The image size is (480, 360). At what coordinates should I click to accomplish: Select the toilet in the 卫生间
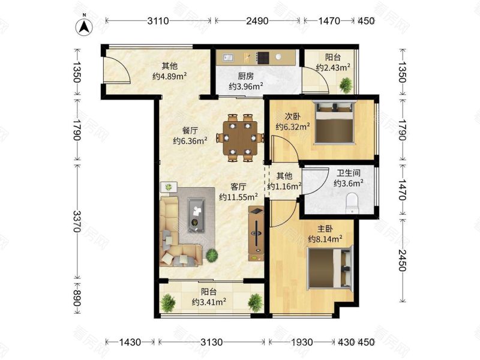[352, 203]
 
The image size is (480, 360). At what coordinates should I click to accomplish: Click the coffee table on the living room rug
[196, 215]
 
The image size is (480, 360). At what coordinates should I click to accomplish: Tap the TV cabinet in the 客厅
[256, 233]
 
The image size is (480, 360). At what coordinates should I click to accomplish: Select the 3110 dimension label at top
[158, 21]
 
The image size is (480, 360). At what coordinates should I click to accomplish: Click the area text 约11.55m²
[238, 196]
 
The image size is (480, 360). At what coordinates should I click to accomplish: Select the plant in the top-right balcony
[346, 86]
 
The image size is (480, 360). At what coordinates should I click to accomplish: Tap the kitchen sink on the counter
[227, 58]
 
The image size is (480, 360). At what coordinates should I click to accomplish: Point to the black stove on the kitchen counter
[262, 57]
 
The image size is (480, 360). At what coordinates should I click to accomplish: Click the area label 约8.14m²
[325, 239]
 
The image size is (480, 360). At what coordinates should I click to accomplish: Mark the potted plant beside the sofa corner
[212, 256]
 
